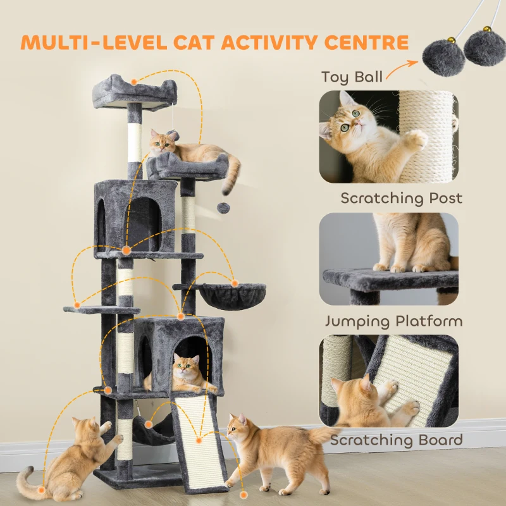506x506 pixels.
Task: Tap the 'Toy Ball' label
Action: [x=352, y=77]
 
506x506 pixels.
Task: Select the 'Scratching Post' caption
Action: [x=401, y=198]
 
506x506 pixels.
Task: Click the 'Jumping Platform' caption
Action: [x=393, y=321]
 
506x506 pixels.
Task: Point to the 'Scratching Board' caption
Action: [x=396, y=440]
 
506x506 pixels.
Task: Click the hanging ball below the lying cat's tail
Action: [x=222, y=207]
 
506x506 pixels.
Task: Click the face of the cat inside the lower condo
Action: [x=187, y=366]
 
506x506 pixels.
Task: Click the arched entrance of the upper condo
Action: [x=143, y=221]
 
